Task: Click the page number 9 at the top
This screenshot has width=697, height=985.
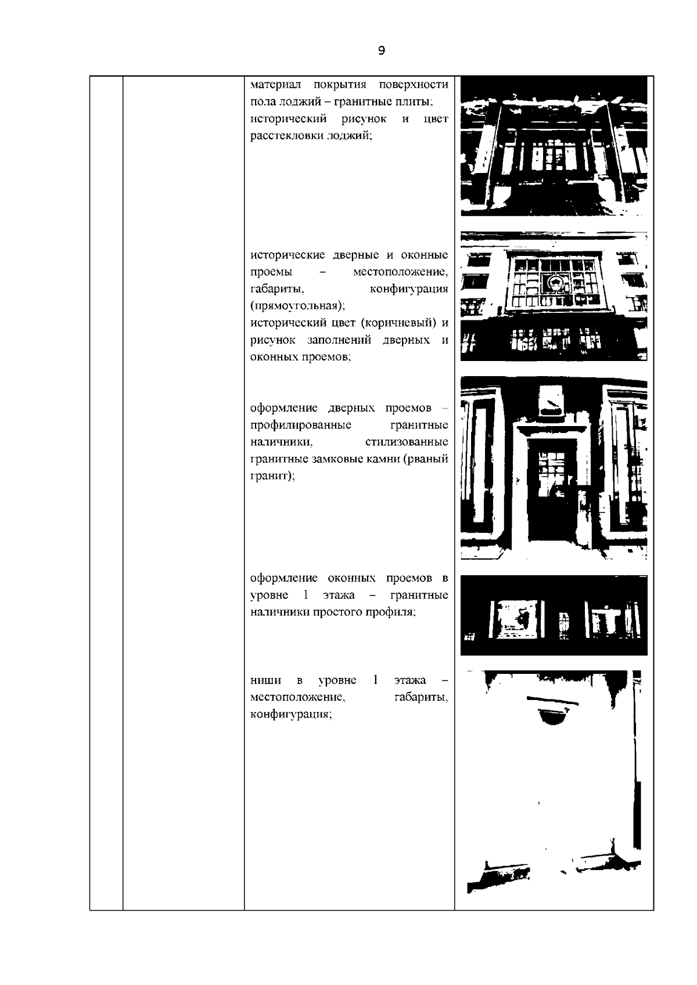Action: coord(381,50)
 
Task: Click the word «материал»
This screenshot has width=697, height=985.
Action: coord(275,85)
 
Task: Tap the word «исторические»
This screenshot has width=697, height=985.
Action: coord(288,255)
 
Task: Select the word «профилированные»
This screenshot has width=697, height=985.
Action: coord(300,425)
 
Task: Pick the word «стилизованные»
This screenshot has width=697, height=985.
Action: coord(407,442)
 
